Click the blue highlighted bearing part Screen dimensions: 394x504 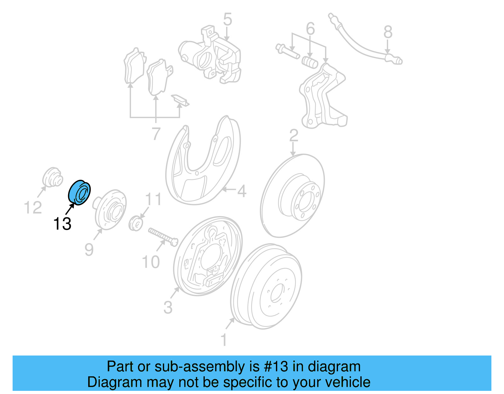coord(79,192)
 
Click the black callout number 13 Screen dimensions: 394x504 coord(62,224)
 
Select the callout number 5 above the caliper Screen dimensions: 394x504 coord(227,20)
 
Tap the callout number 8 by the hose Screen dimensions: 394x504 coord(388,32)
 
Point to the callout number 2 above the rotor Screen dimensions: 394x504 coord(294,136)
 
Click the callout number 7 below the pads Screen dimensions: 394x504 coord(156,134)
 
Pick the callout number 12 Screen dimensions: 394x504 coord(33,208)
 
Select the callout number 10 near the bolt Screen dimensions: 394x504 coord(151,262)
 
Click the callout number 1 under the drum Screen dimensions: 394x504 coord(224,340)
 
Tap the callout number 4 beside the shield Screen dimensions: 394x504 coord(242,191)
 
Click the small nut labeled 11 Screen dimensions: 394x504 coord(136,223)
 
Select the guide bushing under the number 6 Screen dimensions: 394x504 coord(310,62)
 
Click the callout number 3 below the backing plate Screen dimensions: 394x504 coord(168,307)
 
